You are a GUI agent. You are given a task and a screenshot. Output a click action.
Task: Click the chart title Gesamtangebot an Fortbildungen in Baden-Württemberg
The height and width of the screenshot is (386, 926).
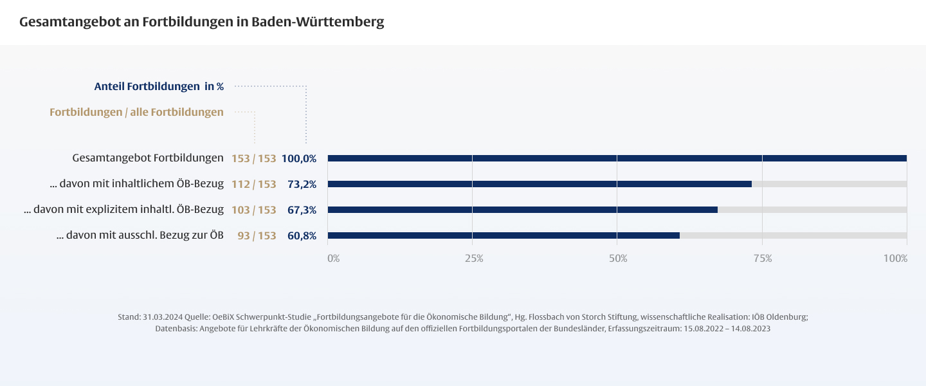[x=201, y=22]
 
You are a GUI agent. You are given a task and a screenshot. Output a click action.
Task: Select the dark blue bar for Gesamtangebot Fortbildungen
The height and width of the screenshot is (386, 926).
[x=617, y=158]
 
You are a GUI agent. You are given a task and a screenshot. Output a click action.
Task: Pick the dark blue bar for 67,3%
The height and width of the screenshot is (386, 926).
[x=522, y=210]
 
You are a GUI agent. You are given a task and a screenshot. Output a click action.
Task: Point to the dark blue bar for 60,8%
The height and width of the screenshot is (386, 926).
[x=504, y=235]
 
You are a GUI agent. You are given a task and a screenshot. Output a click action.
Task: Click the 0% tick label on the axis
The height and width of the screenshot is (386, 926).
[x=333, y=258]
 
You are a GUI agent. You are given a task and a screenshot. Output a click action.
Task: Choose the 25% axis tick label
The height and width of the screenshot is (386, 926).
[x=474, y=258]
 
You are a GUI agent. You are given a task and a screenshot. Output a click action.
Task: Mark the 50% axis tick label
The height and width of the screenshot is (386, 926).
[x=618, y=258]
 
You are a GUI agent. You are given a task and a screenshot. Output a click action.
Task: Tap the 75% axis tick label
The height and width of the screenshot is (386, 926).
[x=763, y=258]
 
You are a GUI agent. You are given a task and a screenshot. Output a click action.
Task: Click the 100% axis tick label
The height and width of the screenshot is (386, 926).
[x=895, y=258]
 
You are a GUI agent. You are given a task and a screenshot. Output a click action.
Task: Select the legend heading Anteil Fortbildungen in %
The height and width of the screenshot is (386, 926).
[x=159, y=86]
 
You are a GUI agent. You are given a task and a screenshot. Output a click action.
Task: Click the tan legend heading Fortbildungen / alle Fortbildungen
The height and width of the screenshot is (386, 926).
[x=136, y=112]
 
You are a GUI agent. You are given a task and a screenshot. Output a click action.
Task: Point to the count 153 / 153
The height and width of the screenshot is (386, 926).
[x=254, y=158]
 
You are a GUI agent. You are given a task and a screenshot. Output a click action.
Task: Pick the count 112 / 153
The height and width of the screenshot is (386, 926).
[x=254, y=184]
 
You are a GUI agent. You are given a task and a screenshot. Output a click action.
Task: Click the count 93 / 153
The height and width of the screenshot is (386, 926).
[x=257, y=235]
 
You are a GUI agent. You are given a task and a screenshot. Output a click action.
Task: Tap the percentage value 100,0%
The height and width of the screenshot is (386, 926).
[x=299, y=158]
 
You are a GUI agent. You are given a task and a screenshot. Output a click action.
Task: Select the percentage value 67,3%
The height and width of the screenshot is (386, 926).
[x=302, y=210]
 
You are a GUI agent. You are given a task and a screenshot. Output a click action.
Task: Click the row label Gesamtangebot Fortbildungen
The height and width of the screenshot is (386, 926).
[x=148, y=158]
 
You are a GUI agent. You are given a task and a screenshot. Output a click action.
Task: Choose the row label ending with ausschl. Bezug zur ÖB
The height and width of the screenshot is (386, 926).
[x=140, y=235]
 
